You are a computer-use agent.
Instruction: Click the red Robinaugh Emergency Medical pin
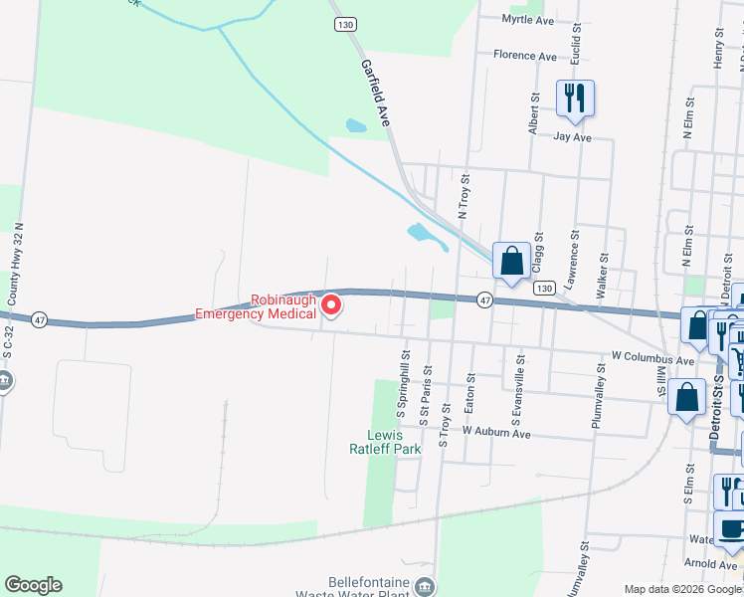pyautogui.click(x=331, y=303)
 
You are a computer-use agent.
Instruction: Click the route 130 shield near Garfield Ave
pyautogui.click(x=345, y=23)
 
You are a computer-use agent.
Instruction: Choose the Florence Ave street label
pyautogui.click(x=525, y=57)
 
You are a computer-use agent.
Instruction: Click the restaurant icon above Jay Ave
pyautogui.click(x=575, y=98)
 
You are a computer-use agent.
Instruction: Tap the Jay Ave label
pyautogui.click(x=573, y=137)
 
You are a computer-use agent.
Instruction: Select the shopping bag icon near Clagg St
pyautogui.click(x=511, y=262)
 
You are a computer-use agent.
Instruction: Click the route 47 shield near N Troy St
pyautogui.click(x=484, y=299)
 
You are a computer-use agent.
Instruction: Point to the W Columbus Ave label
pyautogui.click(x=652, y=357)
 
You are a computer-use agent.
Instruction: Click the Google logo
pyautogui.click(x=33, y=585)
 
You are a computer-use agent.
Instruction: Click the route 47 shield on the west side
pyautogui.click(x=39, y=320)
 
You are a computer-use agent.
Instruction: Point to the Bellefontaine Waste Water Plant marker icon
pyautogui.click(x=426, y=584)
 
